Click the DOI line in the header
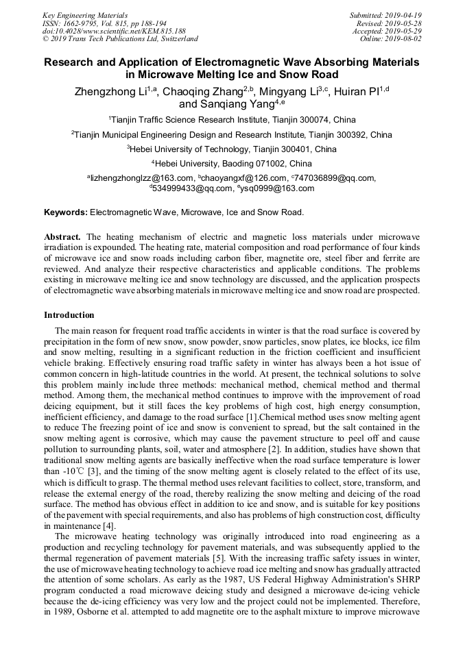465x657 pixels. coord(114,31)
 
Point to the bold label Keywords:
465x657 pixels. coord(66,212)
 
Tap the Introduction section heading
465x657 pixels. coord(69,315)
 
